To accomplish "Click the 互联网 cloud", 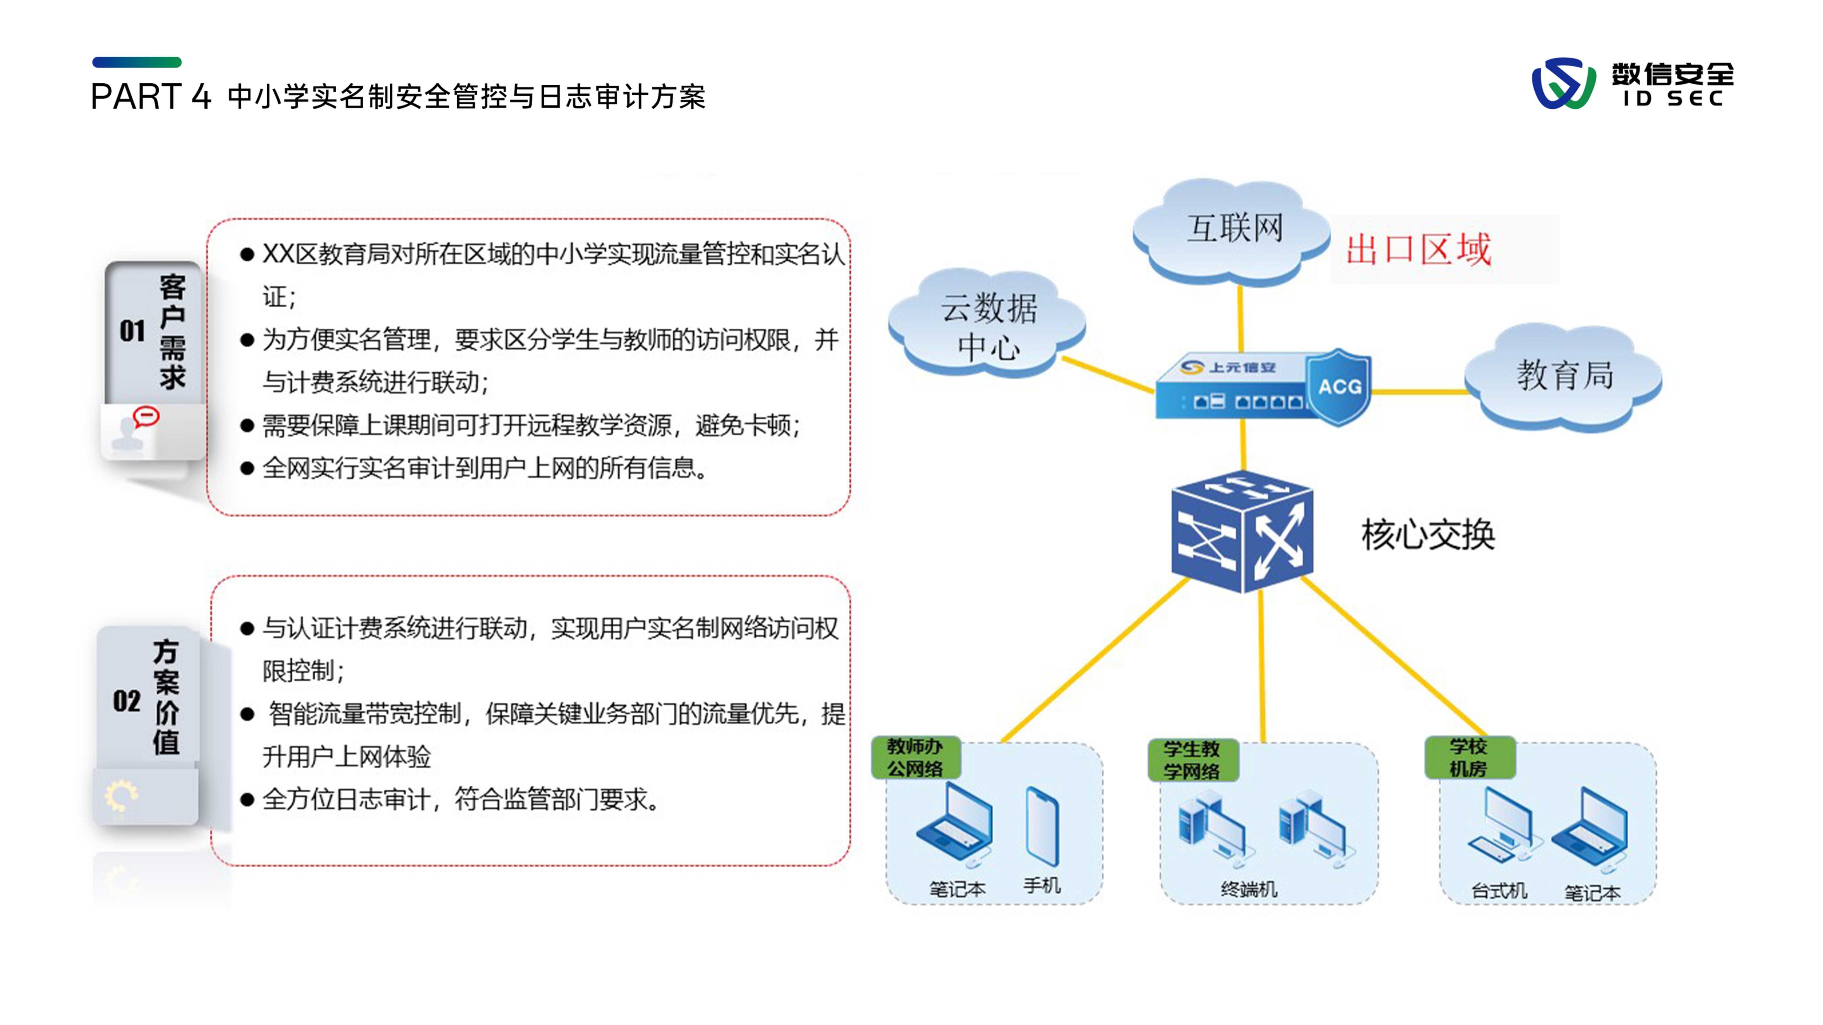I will click(x=1233, y=230).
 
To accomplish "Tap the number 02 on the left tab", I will click(x=127, y=701).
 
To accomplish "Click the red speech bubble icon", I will click(x=146, y=416).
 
